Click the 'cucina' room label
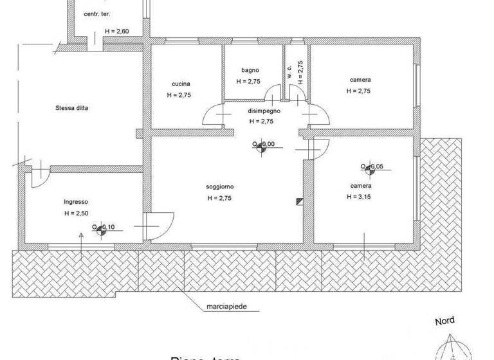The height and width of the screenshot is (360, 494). click(x=181, y=84)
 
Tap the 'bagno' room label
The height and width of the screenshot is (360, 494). click(x=250, y=70)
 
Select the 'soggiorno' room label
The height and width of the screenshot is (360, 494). click(x=219, y=186)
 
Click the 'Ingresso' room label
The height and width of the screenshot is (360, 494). click(x=75, y=201)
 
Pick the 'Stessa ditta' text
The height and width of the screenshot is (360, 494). click(x=72, y=108)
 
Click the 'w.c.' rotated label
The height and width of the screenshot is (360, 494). click(x=290, y=71)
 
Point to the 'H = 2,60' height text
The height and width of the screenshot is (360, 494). click(x=116, y=32)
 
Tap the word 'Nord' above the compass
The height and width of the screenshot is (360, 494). click(x=444, y=321)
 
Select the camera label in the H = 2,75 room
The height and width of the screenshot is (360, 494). click(x=360, y=80)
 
